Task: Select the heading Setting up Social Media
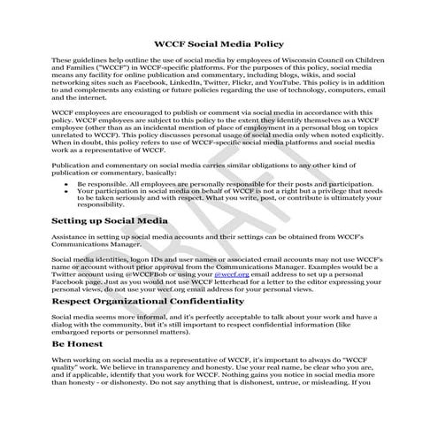coord(111,220)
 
